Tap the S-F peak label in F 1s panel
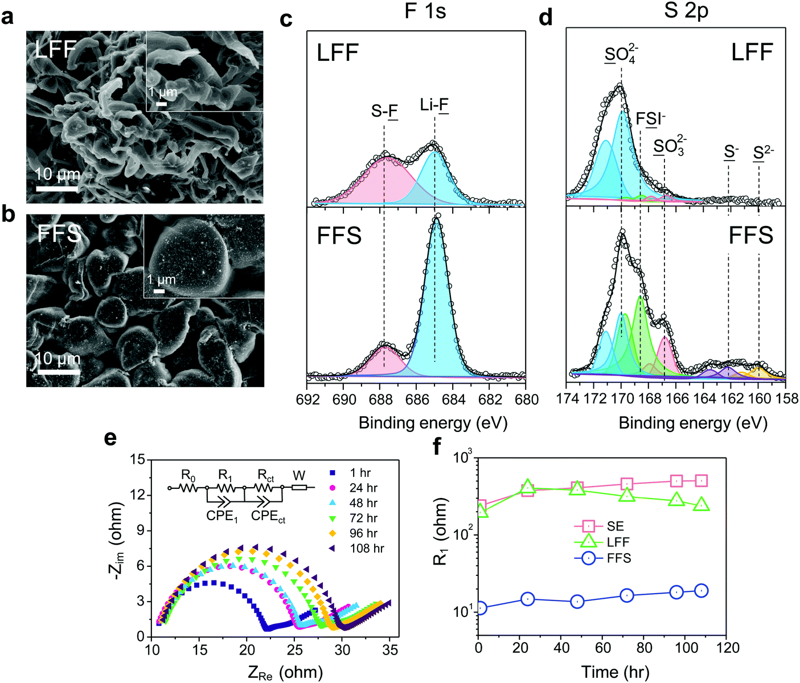[x=384, y=111]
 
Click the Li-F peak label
[x=434, y=105]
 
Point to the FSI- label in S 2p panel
[x=650, y=119]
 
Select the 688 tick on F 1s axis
[x=380, y=400]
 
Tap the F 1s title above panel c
[x=425, y=11]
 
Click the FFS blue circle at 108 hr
[x=701, y=590]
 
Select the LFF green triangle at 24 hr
[x=528, y=487]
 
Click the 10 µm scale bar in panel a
[x=57, y=188]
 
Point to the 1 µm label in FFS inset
[x=161, y=280]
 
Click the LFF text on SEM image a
[x=55, y=50]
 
